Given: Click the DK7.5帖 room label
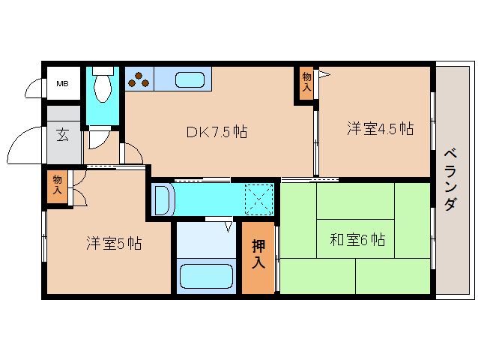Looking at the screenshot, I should (217, 131).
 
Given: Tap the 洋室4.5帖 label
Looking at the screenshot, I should (380, 128).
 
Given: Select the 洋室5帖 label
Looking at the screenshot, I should (113, 243).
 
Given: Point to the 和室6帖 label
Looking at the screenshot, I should (357, 240).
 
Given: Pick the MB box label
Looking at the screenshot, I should (62, 83).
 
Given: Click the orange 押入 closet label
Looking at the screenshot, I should (258, 253).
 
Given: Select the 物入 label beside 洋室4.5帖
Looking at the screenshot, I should (306, 80).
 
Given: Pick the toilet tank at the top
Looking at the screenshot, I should (103, 72).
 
